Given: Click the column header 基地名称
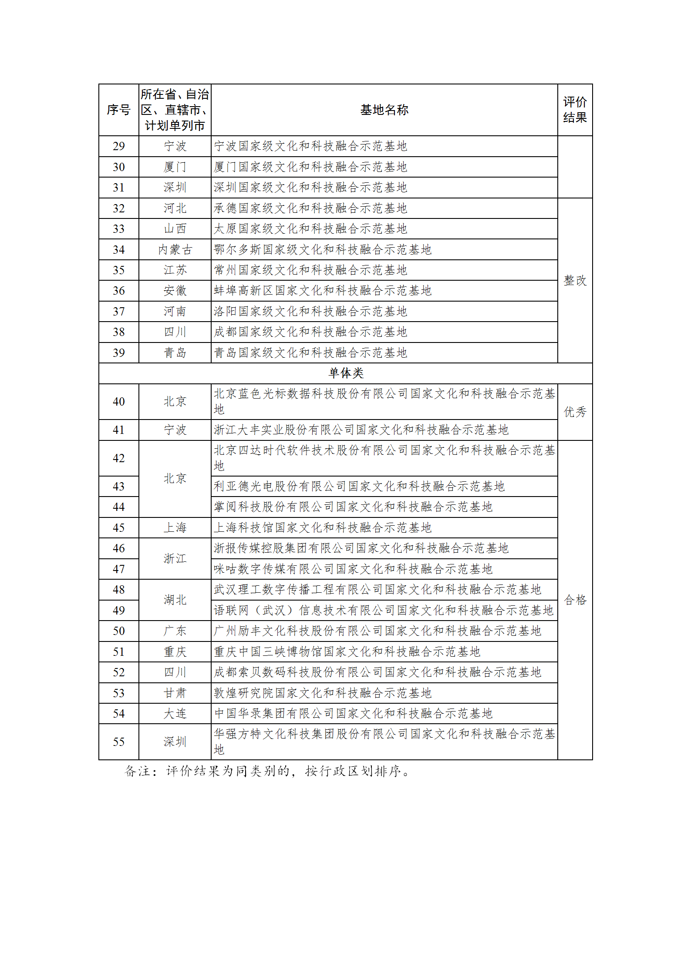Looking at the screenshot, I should pyautogui.click(x=384, y=110).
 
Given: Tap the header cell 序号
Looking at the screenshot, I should pyautogui.click(x=118, y=110).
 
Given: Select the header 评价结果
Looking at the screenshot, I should pyautogui.click(x=575, y=110).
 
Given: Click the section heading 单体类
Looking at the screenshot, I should pyautogui.click(x=346, y=373).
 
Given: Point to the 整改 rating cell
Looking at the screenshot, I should pyautogui.click(x=575, y=280).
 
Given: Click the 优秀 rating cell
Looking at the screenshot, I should pyautogui.click(x=575, y=412).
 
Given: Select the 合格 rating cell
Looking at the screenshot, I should pyautogui.click(x=575, y=600).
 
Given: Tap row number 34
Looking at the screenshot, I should pyautogui.click(x=118, y=250).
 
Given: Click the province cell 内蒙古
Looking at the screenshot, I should pyautogui.click(x=175, y=250).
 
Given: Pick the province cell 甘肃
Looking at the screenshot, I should pyautogui.click(x=175, y=693).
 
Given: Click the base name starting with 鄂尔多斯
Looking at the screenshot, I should pyautogui.click(x=322, y=250).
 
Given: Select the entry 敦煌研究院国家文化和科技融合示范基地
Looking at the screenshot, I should pyautogui.click(x=322, y=693).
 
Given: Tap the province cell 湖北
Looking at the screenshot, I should pyautogui.click(x=175, y=600).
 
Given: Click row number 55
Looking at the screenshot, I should pyautogui.click(x=118, y=742).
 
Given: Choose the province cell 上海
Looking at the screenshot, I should pyautogui.click(x=175, y=527).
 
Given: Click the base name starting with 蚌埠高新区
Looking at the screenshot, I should pyautogui.click(x=322, y=291).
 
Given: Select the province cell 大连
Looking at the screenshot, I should pyautogui.click(x=175, y=713).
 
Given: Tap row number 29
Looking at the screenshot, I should pyautogui.click(x=118, y=146).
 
